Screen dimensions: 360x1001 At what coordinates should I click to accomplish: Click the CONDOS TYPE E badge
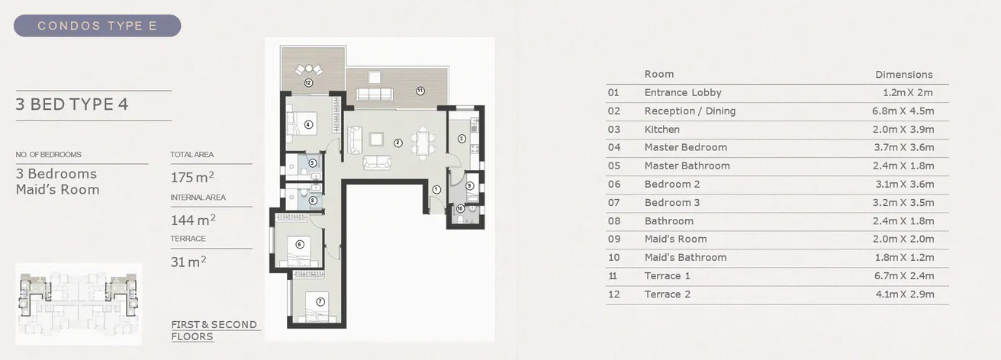97,26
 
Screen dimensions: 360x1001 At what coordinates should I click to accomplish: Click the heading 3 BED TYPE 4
72,104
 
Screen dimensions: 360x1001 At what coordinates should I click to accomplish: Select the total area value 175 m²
192,178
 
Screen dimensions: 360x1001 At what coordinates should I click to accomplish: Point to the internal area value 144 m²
192,220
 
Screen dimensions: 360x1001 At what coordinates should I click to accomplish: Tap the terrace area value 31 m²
188,262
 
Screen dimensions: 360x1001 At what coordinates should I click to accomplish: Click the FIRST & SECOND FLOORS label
214,330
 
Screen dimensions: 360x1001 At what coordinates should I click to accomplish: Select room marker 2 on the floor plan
398,143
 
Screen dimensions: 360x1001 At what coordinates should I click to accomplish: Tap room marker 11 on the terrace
420,91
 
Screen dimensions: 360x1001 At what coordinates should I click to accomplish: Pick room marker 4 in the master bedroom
308,124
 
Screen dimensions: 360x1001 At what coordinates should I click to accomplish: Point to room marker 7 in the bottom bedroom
320,301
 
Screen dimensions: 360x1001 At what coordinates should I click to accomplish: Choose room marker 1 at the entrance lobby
436,189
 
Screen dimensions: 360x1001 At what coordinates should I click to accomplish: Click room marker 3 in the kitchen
462,139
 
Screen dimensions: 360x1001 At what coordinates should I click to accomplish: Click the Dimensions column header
903,75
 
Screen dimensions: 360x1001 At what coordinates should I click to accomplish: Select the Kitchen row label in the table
661,130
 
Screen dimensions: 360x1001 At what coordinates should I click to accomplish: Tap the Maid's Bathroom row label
685,258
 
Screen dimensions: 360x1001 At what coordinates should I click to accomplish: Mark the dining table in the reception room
420,141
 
